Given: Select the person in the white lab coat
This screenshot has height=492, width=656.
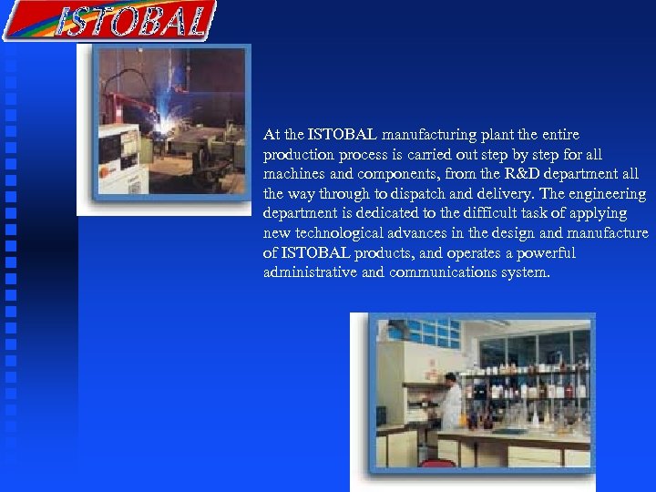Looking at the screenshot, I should tap(450, 402).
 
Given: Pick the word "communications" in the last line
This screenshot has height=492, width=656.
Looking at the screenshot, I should tap(443, 272).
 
